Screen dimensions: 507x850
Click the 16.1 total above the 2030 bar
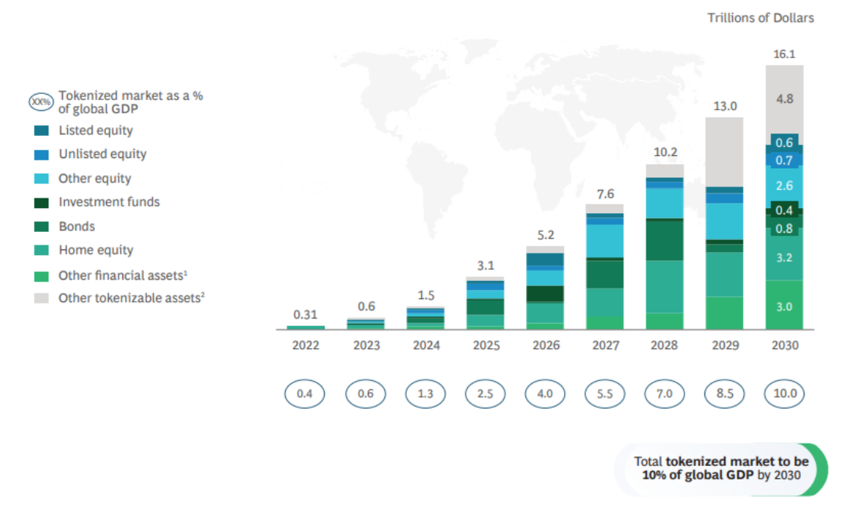pyautogui.click(x=784, y=54)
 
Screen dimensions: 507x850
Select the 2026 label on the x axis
pyautogui.click(x=545, y=345)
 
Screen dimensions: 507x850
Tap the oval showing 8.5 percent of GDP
pyautogui.click(x=725, y=394)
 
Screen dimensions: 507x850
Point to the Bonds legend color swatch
pyautogui.click(x=42, y=227)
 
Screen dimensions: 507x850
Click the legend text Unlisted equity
pyautogui.click(x=102, y=154)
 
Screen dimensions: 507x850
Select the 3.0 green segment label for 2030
pyautogui.click(x=784, y=307)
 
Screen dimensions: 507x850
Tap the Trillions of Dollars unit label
pyautogui.click(x=760, y=17)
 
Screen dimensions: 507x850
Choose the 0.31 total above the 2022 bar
pyautogui.click(x=305, y=315)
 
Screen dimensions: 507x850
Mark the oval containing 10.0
pyautogui.click(x=784, y=394)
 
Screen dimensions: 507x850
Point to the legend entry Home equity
pyautogui.click(x=96, y=251)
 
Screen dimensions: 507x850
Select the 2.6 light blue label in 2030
pyautogui.click(x=784, y=186)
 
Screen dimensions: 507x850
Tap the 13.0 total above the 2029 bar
pyautogui.click(x=725, y=106)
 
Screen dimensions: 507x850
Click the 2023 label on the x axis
pyautogui.click(x=366, y=345)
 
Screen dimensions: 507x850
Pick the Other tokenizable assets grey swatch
pyautogui.click(x=42, y=298)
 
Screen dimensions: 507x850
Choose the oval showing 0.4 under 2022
pyautogui.click(x=305, y=394)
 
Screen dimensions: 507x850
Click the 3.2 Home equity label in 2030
pyautogui.click(x=784, y=258)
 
